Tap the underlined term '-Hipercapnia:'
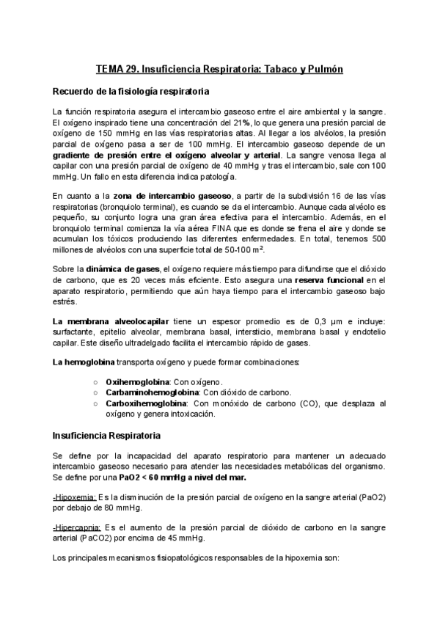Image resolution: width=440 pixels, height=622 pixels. click(76, 527)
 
